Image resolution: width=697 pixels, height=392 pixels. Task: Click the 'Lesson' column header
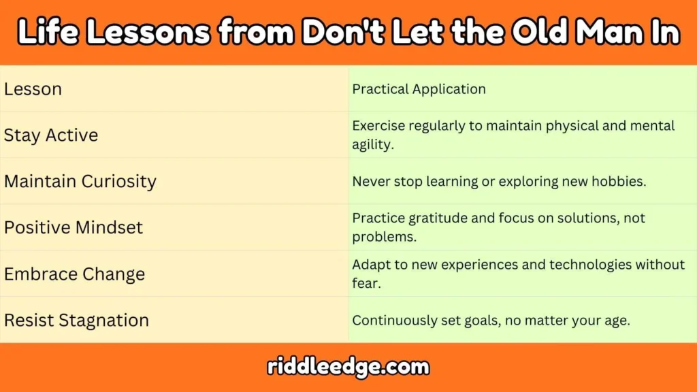33,89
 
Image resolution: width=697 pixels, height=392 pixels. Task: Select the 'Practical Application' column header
419,89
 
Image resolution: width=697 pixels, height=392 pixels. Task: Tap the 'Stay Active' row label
51,135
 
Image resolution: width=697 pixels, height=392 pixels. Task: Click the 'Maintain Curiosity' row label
80,182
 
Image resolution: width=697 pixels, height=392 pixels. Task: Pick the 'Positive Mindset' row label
74,227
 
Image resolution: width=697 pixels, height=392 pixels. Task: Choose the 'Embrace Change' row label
74,274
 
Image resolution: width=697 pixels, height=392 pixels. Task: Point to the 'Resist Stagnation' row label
76,321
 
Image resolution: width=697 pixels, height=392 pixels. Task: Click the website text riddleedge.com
348,367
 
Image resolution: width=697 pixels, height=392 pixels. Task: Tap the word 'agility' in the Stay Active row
372,144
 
